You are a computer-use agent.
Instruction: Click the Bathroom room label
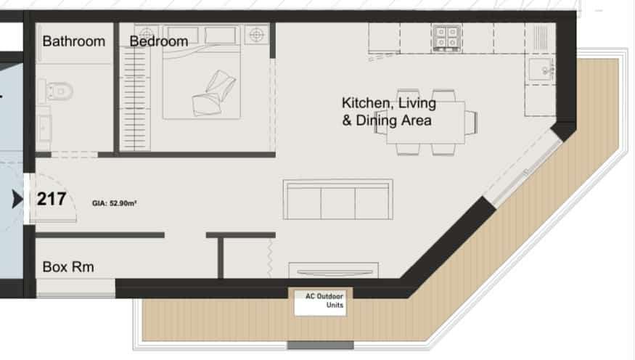tap(74, 41)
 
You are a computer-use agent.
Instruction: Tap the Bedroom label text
tap(159, 41)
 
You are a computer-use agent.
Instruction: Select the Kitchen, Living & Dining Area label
tap(389, 112)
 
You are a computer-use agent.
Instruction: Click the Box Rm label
tap(68, 267)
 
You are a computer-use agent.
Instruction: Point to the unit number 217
tap(52, 199)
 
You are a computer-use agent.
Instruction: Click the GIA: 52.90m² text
tap(114, 203)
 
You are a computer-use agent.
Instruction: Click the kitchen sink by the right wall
tap(540, 70)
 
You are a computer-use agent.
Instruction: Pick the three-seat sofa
tap(337, 200)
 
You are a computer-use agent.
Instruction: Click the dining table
tap(425, 122)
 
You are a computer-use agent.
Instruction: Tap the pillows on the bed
tap(213, 94)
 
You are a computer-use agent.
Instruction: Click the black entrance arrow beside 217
tap(17, 199)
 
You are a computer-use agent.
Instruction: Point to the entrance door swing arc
tap(65, 190)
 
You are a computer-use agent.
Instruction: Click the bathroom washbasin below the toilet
tap(44, 128)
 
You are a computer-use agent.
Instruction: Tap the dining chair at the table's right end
tap(471, 122)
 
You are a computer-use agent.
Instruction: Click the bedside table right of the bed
tap(256, 35)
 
